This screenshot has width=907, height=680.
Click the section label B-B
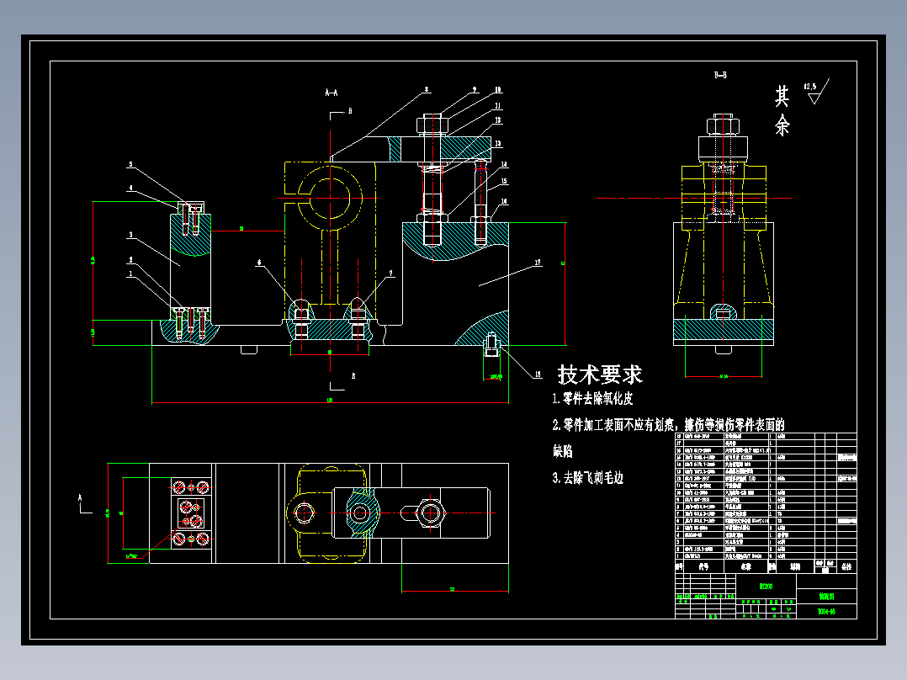(720, 76)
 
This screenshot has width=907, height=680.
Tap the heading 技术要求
(600, 375)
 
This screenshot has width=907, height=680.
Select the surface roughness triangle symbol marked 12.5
(814, 94)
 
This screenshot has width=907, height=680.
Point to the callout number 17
(537, 263)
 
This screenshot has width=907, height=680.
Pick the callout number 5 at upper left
(130, 164)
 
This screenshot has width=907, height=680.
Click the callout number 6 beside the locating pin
(260, 263)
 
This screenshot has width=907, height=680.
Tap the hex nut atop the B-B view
(722, 126)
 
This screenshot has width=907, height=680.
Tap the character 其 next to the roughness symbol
(782, 96)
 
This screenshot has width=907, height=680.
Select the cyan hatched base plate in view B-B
(723, 332)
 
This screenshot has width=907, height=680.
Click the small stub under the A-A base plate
(248, 349)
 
